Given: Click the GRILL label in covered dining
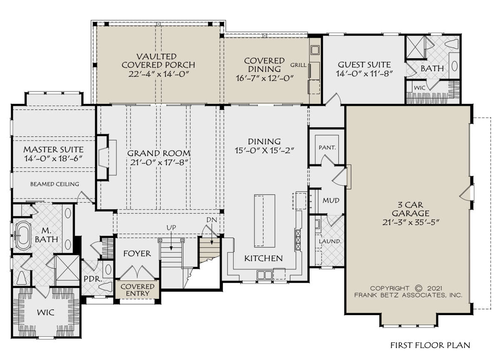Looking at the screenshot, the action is tap(298, 65).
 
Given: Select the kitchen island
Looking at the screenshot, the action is tap(264, 221).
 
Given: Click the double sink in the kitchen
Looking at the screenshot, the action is tap(264, 275).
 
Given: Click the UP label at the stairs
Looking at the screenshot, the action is tap(171, 228).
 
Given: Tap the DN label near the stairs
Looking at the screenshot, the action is tap(212, 220).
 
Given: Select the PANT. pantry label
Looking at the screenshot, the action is tap(327, 148).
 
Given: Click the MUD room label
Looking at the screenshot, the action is tap(331, 201).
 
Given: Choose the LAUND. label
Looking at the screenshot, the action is tap(330, 241).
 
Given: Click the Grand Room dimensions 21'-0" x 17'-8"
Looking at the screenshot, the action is tap(158, 162).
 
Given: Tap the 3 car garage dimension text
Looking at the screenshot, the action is tap(410, 222).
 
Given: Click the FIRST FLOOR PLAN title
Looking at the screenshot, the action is tap(430, 345).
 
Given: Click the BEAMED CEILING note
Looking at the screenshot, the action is tap(54, 184).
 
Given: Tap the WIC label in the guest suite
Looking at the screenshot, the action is tap(420, 88).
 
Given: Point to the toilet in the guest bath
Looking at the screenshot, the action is tap(451, 43).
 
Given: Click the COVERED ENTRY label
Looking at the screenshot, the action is tap(138, 290).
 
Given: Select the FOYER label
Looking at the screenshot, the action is tap(137, 253).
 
